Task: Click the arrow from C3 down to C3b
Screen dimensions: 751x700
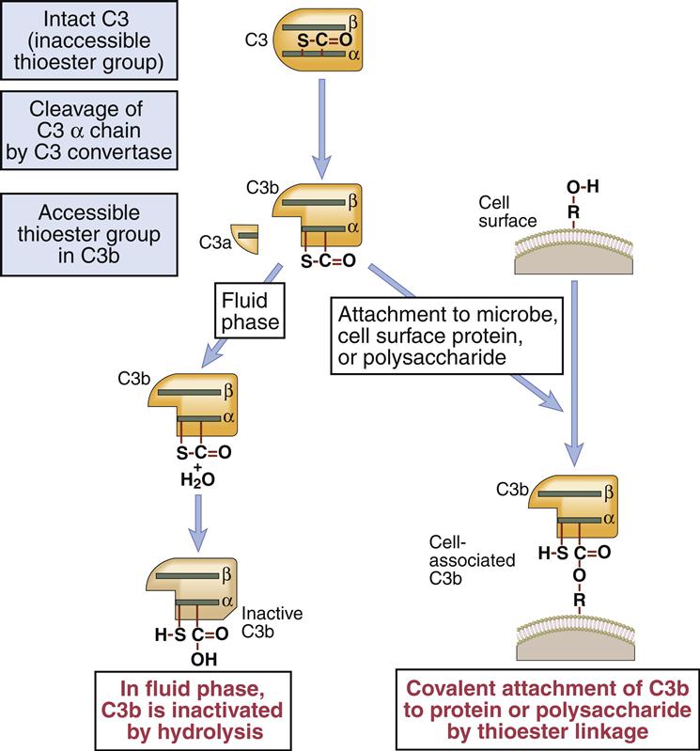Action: point(323,127)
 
